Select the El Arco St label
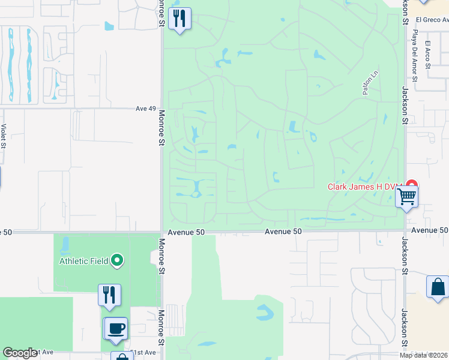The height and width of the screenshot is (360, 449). tap(428, 55)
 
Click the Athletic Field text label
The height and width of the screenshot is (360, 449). tap(83, 261)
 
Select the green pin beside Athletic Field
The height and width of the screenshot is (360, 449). tap(117, 260)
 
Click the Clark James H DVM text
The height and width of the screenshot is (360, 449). tap(363, 187)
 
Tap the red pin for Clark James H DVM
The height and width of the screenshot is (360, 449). tap(412, 185)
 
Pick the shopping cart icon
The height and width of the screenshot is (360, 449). tap(407, 196)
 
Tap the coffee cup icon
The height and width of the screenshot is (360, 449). tap(116, 328)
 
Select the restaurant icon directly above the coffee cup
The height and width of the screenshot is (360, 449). tap(109, 295)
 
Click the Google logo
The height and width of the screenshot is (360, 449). tap(19, 353)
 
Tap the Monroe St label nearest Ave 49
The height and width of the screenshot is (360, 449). tap(161, 127)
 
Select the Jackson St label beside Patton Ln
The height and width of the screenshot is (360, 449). tap(405, 105)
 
